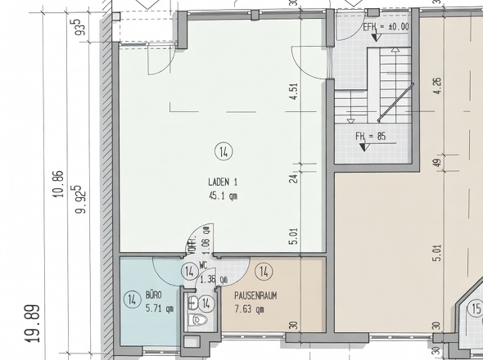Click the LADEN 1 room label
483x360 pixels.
coord(223,182)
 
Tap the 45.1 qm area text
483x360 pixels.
coord(223,196)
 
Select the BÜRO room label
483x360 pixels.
coord(153,295)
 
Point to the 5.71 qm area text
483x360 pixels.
coord(160,308)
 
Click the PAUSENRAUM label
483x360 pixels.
coord(255,296)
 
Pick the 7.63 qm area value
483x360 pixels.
coord(249,309)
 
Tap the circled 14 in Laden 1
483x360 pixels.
coord(223,151)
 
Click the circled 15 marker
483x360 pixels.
coord(476,308)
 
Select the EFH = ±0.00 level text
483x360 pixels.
coord(386,27)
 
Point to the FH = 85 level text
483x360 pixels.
coord(371,136)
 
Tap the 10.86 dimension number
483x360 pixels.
coord(58,184)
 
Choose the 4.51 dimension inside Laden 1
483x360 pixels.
coord(294,91)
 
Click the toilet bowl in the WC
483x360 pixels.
coord(199,320)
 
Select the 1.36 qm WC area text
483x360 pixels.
coord(214,280)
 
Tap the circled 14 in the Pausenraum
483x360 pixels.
coord(264,272)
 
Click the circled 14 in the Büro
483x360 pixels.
coord(132,299)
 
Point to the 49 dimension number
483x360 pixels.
coord(438,162)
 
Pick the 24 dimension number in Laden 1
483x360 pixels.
coord(294,178)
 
